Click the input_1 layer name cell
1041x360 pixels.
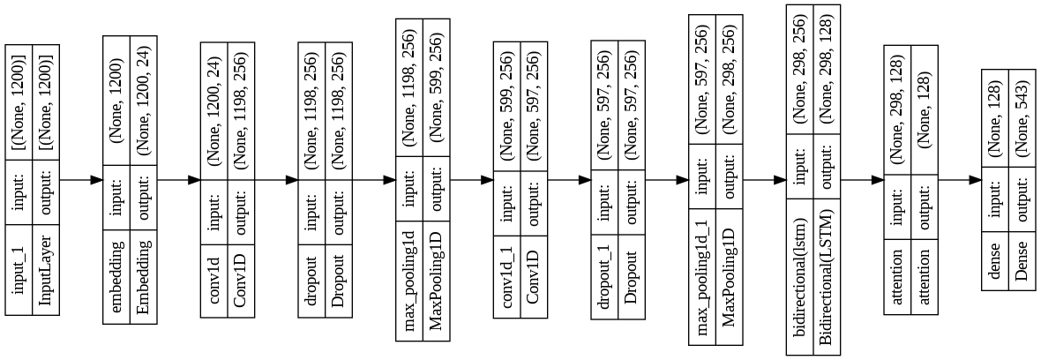point(19,268)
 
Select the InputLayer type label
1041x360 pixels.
point(47,268)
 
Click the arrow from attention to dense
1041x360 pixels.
point(960,179)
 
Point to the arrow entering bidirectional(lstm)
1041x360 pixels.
point(764,179)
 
